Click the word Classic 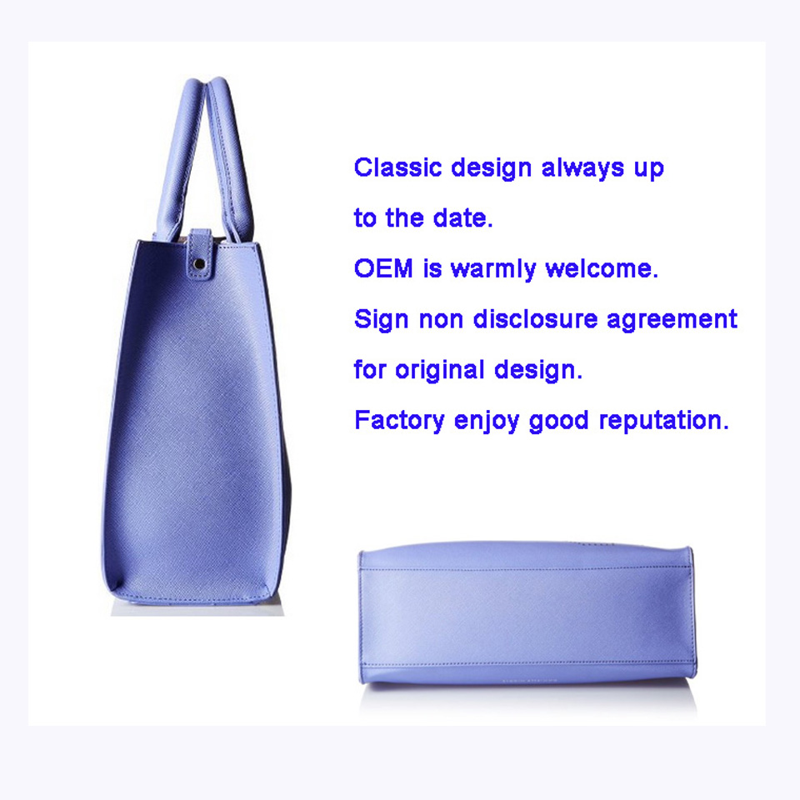(x=398, y=167)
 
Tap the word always (x=582, y=167)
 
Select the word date (x=462, y=217)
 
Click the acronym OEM (x=383, y=268)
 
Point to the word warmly (x=493, y=269)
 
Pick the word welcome (x=602, y=268)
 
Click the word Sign (x=381, y=320)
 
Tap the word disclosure (x=535, y=319)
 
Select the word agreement (x=672, y=320)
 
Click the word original (x=439, y=370)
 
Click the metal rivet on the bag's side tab (x=199, y=264)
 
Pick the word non (x=441, y=320)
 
